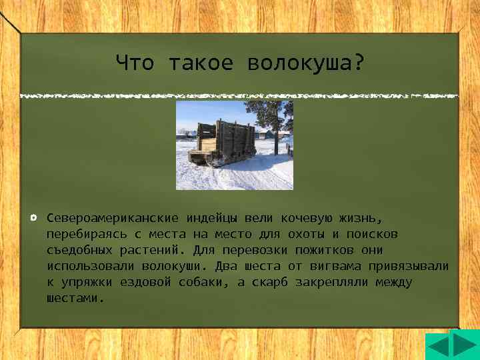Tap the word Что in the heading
(135, 63)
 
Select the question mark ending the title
(359, 63)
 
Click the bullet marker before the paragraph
(33, 218)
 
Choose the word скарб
(263, 282)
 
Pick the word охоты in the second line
(305, 234)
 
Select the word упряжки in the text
(87, 282)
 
